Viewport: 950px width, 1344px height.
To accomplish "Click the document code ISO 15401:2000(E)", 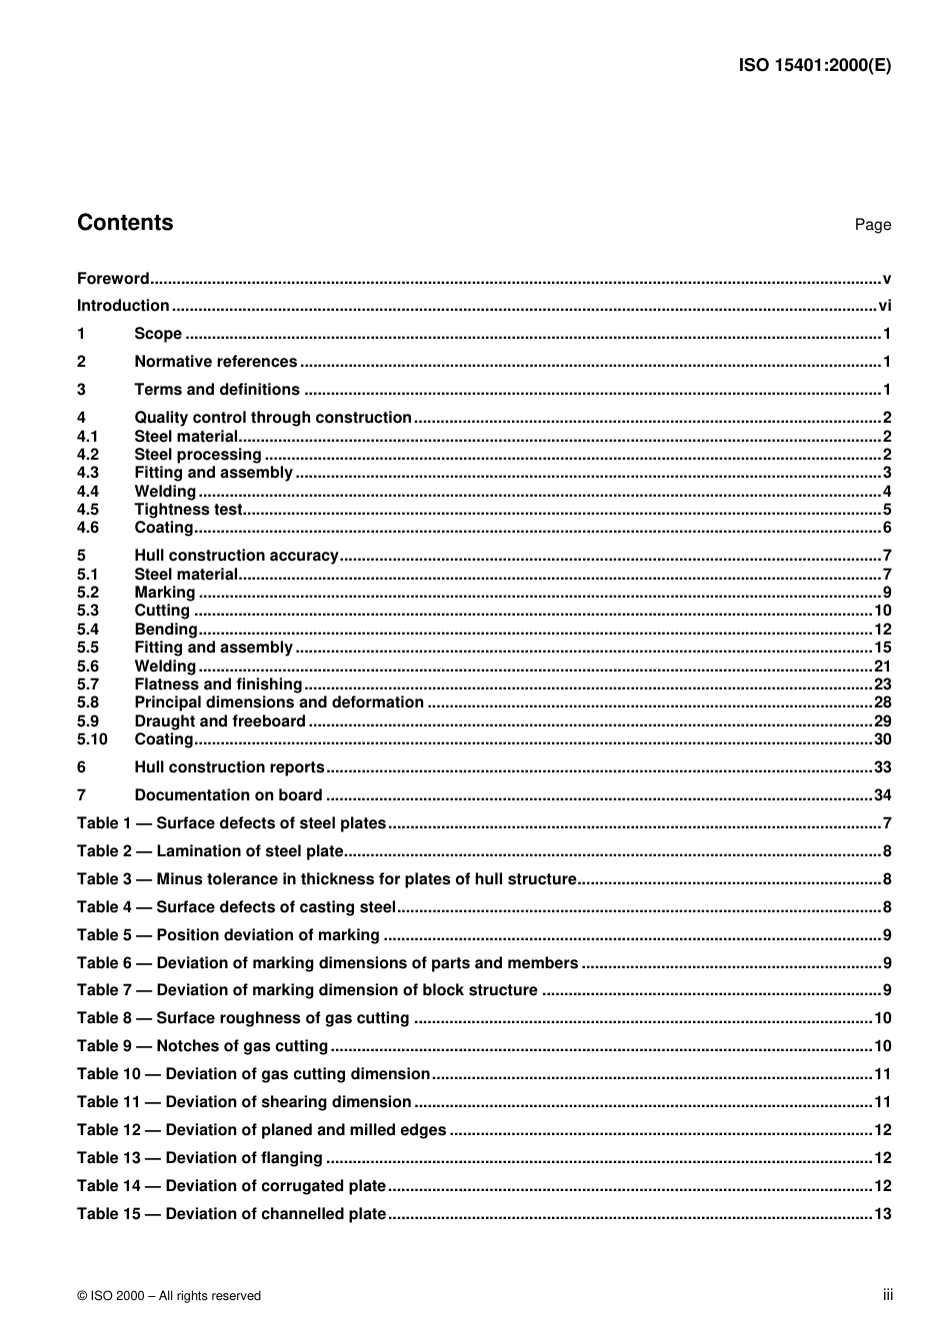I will point(814,66).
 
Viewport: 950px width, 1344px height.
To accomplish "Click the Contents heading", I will point(125,223).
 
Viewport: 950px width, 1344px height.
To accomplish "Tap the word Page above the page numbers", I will point(872,225).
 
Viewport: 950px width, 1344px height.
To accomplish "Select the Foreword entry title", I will point(113,279).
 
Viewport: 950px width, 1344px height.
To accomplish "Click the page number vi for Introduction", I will point(884,306).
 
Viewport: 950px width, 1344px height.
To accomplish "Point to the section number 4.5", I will point(88,510).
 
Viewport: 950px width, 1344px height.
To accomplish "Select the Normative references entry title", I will point(215,362).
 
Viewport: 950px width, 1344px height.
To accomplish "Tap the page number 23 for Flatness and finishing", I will point(882,684).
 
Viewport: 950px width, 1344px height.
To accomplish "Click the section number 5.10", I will point(92,739).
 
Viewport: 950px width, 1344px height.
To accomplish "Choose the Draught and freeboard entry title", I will point(220,721).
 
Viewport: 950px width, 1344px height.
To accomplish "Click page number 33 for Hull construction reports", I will point(882,767).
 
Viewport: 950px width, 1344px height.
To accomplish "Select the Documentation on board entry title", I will point(228,795).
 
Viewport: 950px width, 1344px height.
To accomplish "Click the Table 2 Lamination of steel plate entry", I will point(210,851).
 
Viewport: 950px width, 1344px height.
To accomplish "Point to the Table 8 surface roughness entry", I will point(243,1018).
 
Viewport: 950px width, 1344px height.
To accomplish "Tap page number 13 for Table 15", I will point(882,1214).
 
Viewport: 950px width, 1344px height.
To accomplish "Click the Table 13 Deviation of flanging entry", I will point(200,1158).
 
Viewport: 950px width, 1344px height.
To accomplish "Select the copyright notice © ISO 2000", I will point(169,1296).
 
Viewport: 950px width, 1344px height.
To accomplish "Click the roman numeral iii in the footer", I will point(887,1295).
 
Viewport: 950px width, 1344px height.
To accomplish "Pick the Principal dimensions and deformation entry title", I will point(279,702).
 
